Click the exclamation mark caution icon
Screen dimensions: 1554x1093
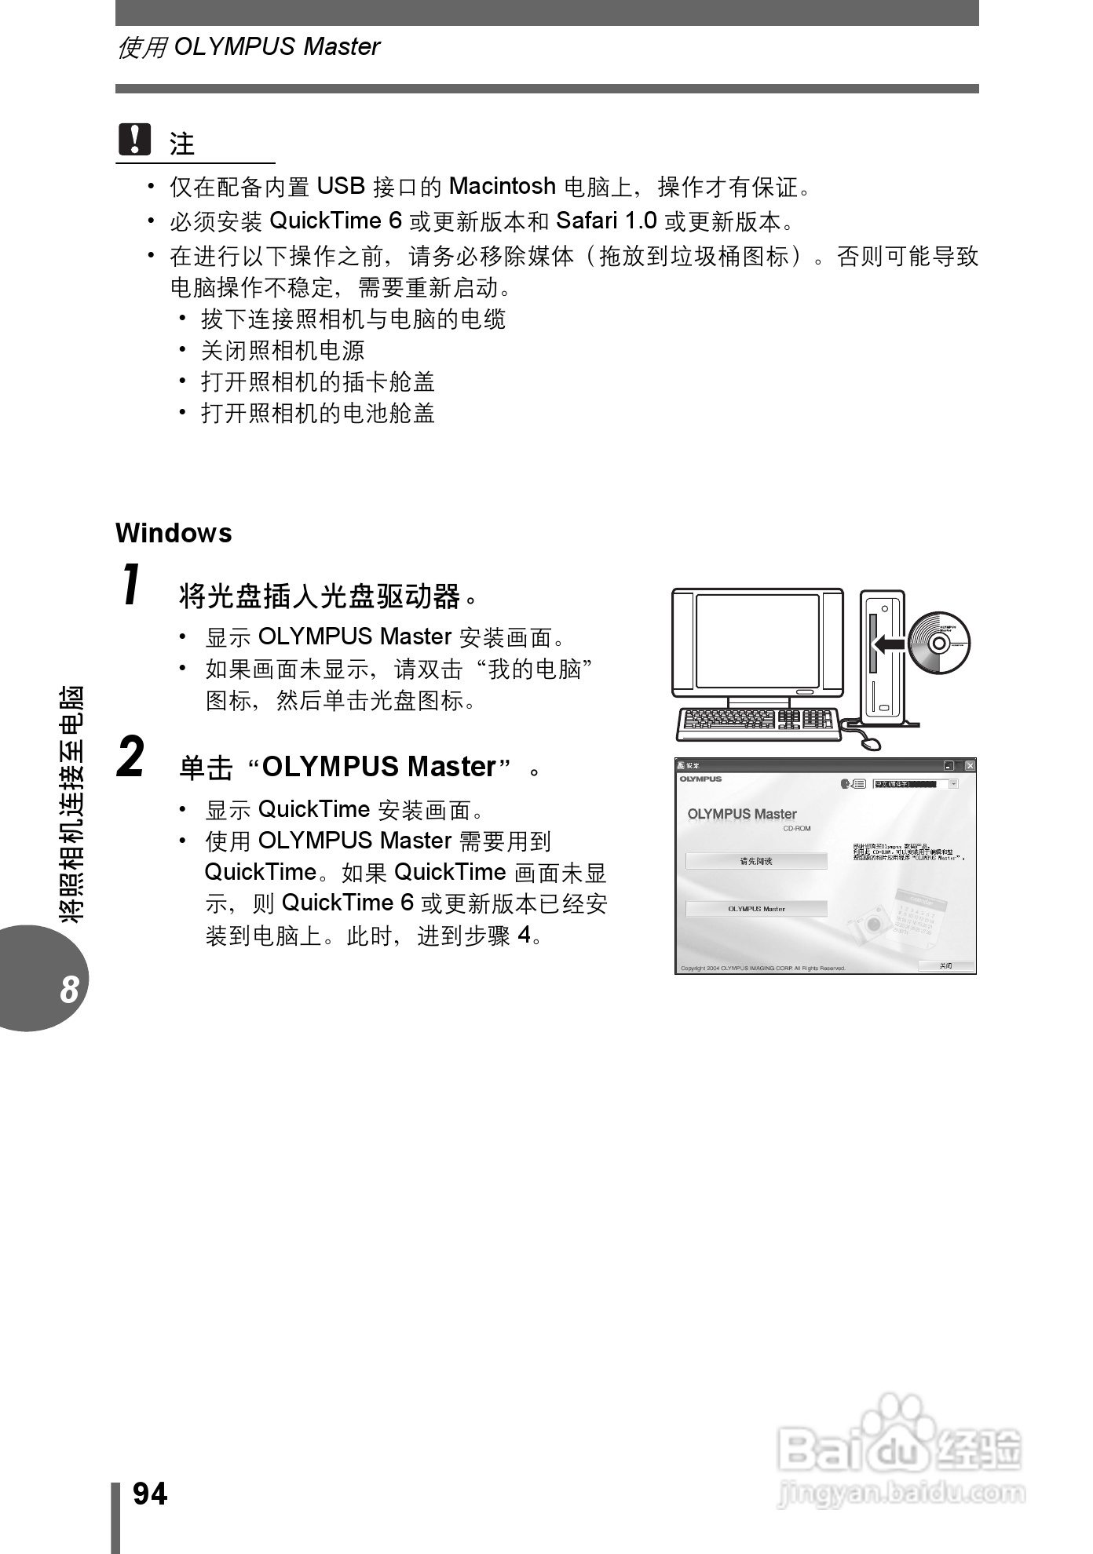pos(134,140)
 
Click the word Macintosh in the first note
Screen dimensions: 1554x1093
pos(502,187)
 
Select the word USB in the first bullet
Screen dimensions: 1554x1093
pos(341,187)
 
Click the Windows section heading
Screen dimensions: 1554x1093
pos(174,534)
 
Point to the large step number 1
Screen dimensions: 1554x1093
pos(132,585)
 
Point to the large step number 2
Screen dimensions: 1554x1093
pos(131,757)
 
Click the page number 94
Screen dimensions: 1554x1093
pos(150,1494)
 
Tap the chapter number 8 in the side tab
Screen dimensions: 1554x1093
pos(69,990)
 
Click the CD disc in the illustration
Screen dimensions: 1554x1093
pos(939,643)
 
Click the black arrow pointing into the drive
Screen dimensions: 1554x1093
pos(889,644)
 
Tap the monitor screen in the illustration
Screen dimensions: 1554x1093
pos(757,642)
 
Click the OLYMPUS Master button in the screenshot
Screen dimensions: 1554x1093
pos(756,909)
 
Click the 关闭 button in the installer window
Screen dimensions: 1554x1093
pos(946,965)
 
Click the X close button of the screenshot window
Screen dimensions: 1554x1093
pos(970,765)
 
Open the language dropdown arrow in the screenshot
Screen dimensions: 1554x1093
pos(953,784)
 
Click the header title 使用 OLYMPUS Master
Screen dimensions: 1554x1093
pos(248,47)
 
